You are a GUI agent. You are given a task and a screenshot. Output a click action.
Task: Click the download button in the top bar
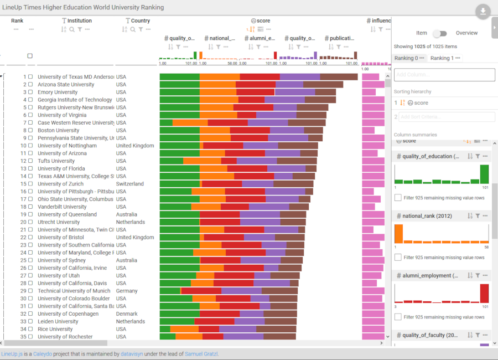[x=483, y=12]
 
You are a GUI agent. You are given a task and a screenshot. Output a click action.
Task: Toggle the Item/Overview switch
[x=439, y=33]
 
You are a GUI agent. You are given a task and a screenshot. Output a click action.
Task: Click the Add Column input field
[x=444, y=75]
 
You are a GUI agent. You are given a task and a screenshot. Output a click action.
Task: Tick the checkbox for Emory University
[x=31, y=92]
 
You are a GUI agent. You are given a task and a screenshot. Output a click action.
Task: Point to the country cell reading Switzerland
[x=129, y=184]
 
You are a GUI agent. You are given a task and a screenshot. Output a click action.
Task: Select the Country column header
[x=141, y=21]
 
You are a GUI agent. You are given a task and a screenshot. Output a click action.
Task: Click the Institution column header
[x=80, y=21]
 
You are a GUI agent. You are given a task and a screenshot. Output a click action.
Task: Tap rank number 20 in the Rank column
[x=23, y=222]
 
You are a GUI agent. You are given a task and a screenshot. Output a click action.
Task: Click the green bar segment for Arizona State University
[x=179, y=85]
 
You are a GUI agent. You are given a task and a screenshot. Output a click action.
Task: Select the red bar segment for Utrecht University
[x=220, y=222]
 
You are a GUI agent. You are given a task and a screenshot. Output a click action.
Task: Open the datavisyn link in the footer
[x=132, y=354]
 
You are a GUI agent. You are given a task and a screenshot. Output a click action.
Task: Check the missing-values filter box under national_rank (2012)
[x=398, y=258]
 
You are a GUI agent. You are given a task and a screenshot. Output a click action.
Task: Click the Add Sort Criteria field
[x=447, y=117]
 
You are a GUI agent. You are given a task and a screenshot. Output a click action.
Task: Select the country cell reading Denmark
[x=127, y=314]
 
